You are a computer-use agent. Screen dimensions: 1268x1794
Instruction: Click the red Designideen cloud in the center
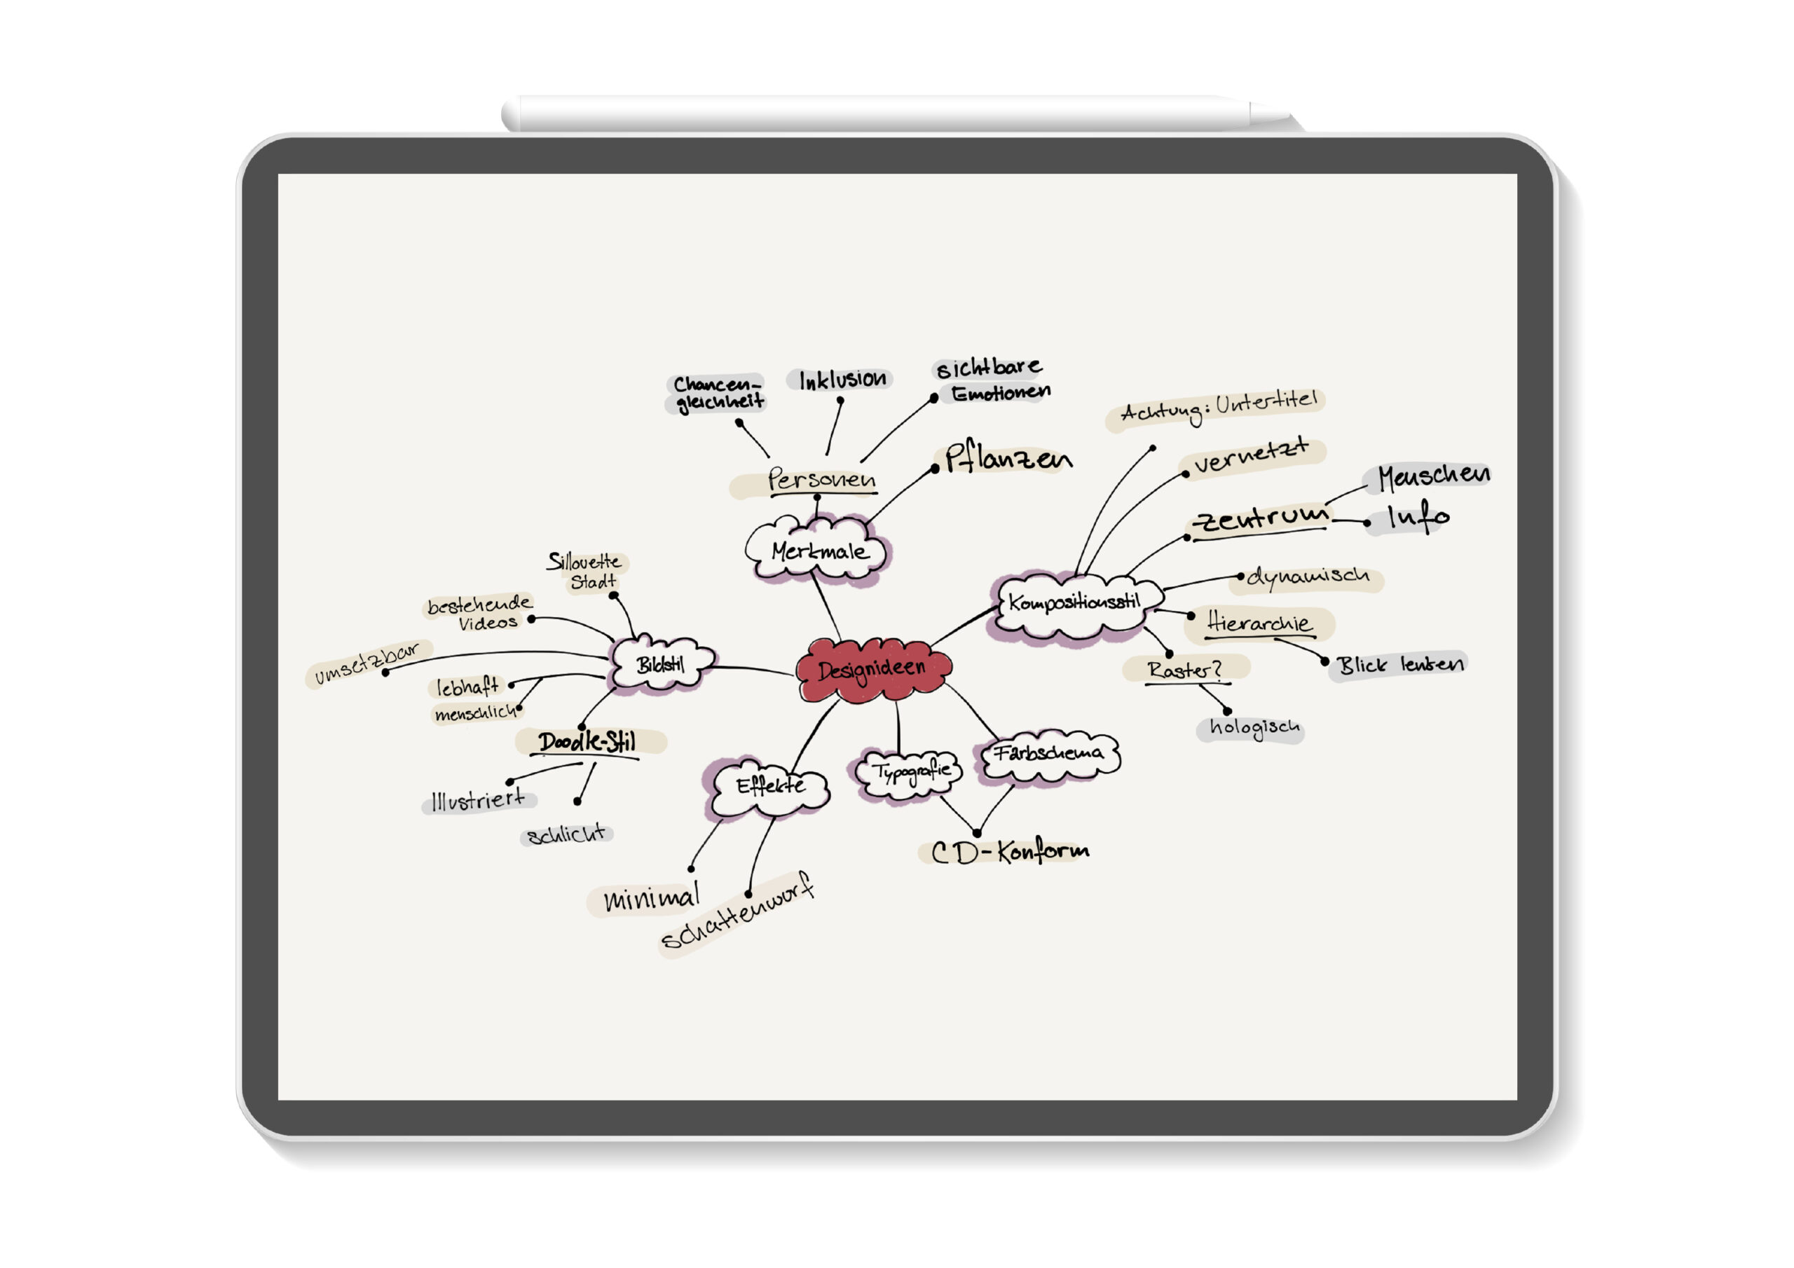coord(872,670)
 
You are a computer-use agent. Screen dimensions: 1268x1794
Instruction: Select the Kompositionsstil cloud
coord(1074,603)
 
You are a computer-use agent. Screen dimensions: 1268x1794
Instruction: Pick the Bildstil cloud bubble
coord(661,664)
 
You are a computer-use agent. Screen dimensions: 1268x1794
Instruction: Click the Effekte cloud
coord(769,785)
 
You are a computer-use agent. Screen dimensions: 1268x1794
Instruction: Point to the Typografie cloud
coord(911,773)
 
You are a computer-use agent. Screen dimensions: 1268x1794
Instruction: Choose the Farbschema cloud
coord(1048,754)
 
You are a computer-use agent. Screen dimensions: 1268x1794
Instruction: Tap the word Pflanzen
coord(1008,459)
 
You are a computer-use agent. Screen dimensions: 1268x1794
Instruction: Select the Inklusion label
coord(842,380)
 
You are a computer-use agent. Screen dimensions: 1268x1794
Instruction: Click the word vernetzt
coord(1250,455)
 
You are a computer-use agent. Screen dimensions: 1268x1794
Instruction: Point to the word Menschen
coord(1433,476)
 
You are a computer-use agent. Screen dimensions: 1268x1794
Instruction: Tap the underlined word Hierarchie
coord(1259,623)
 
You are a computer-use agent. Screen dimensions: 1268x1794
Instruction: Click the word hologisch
coord(1254,728)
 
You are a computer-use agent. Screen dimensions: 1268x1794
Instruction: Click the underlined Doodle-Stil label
coord(587,741)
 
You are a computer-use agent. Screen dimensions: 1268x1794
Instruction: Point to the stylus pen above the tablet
coord(891,114)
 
